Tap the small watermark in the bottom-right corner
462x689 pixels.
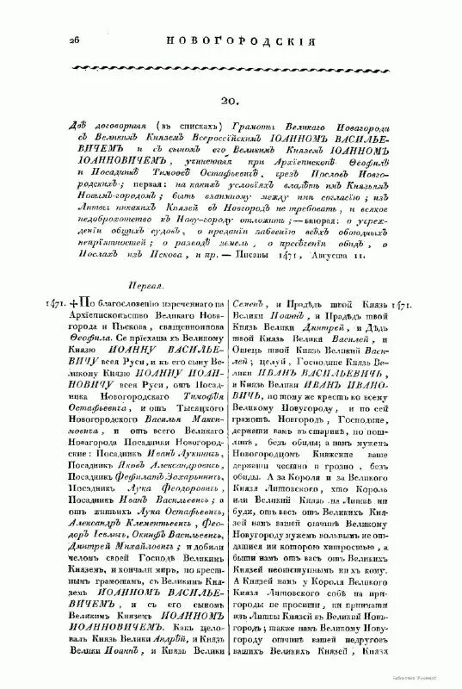coord(434,679)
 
